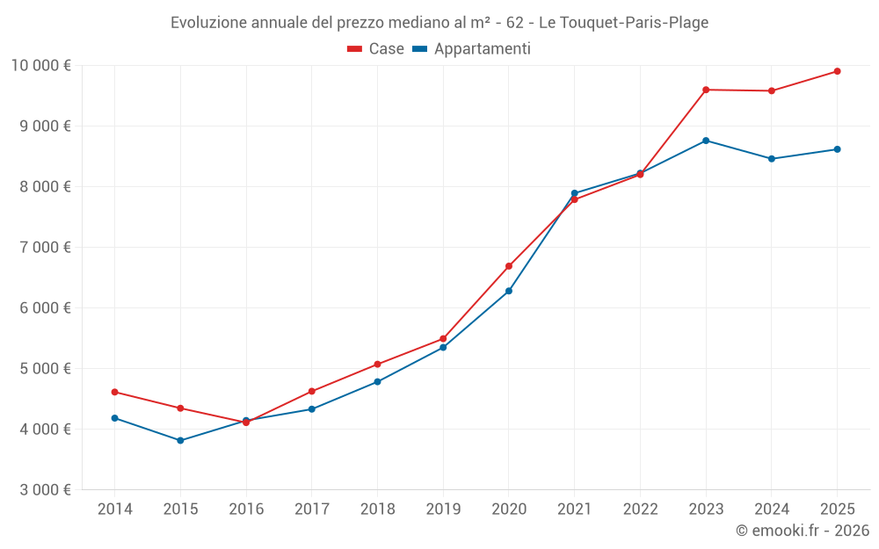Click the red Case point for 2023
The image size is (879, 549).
tap(706, 90)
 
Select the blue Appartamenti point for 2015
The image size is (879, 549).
tap(180, 440)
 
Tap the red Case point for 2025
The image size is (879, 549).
tap(837, 71)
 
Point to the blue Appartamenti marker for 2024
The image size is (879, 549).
tap(771, 159)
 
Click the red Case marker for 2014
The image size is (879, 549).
tap(115, 392)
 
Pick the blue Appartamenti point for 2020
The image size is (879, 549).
tap(509, 291)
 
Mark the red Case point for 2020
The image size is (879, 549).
tap(509, 266)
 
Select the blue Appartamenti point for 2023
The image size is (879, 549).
tap(706, 141)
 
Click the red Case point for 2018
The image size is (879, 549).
tap(377, 364)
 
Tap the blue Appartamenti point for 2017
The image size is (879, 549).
tap(312, 409)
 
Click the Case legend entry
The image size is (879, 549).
tap(376, 49)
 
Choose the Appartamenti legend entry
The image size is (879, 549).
tap(472, 49)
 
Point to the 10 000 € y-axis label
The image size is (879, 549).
tap(40, 65)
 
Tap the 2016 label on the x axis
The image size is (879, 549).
tap(246, 509)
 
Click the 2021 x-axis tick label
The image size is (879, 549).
tap(574, 509)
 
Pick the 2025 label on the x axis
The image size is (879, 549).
tap(837, 509)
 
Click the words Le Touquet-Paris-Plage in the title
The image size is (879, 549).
tap(623, 23)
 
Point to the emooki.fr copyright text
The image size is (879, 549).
tap(802, 531)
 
